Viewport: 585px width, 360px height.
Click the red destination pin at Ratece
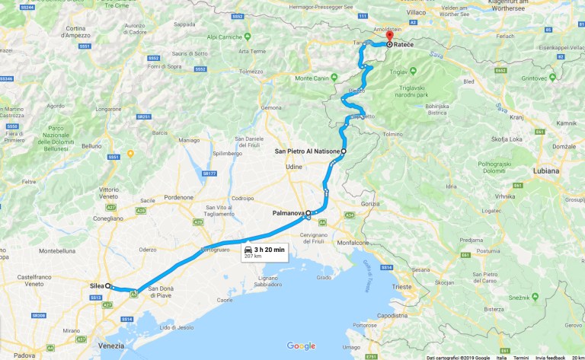click(388, 37)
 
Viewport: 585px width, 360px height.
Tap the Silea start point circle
click(108, 286)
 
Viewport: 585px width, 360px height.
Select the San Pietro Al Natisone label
click(307, 151)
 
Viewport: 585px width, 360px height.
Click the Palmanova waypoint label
click(288, 214)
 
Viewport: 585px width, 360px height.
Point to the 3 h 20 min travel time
click(269, 249)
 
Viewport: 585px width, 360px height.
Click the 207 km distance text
click(252, 256)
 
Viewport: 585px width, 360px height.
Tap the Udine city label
click(294, 167)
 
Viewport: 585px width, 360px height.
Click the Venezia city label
click(111, 346)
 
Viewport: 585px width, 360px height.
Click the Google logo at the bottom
click(301, 346)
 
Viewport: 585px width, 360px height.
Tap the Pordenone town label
click(179, 197)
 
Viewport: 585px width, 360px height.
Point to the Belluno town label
click(91, 145)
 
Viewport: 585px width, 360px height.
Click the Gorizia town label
click(370, 204)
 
